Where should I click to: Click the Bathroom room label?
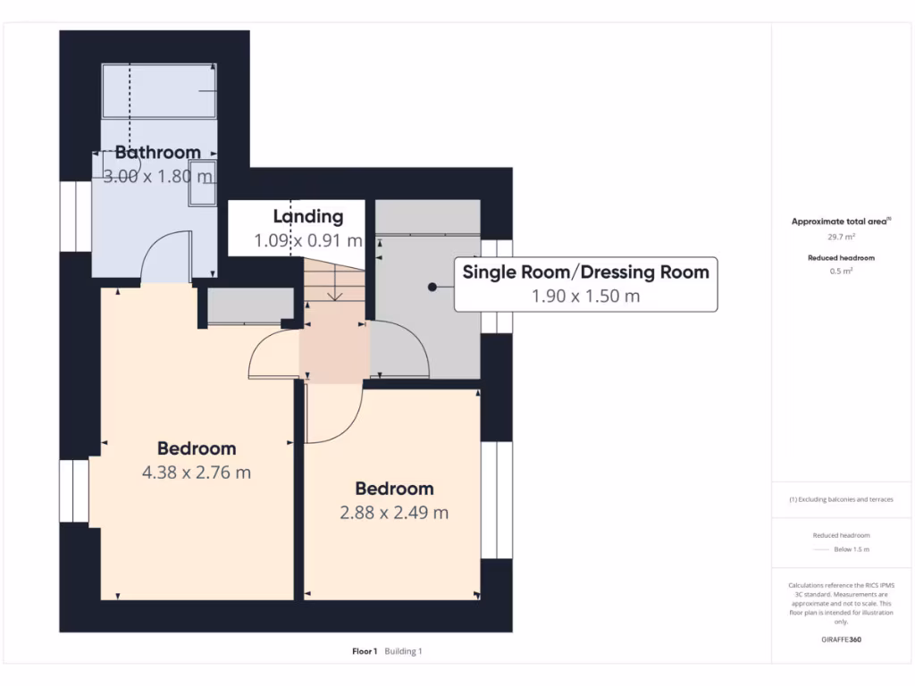[x=157, y=152]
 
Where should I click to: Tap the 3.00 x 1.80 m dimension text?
[x=157, y=176]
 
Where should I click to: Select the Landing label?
[x=308, y=216]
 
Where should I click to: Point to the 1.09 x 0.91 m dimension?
[x=308, y=240]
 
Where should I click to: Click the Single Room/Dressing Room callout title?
[x=586, y=272]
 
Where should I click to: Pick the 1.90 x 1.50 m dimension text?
[x=586, y=296]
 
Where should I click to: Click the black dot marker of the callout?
[x=432, y=287]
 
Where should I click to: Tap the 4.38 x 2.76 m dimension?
[x=197, y=472]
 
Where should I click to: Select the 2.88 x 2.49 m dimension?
[x=394, y=512]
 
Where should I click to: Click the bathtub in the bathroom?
[x=159, y=91]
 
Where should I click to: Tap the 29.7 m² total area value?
[x=841, y=237]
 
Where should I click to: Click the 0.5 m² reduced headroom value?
[x=841, y=272]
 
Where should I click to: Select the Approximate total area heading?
[x=841, y=222]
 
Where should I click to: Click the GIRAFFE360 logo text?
[x=841, y=640]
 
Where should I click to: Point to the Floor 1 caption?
[x=365, y=651]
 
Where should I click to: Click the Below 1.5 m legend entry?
[x=852, y=549]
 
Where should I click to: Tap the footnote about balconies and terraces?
[x=841, y=499]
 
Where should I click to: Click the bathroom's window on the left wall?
[x=76, y=216]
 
